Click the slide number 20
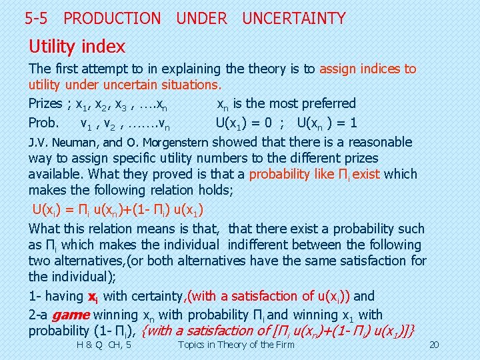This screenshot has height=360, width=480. pos(434,345)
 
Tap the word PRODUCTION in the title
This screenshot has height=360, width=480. pos(112,19)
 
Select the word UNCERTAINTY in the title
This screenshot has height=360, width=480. pos(294,19)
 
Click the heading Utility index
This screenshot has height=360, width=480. pos(77,47)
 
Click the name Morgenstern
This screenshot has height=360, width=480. pos(175,143)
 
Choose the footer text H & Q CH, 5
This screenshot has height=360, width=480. pos(104,345)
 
